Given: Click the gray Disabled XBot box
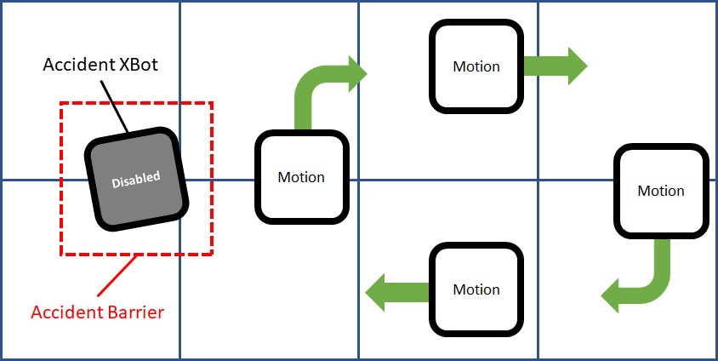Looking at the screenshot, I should point(136,179).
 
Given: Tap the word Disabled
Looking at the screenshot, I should point(137,179).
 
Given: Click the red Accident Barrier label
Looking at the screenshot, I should point(97,312).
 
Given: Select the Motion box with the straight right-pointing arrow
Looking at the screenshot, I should point(476,66).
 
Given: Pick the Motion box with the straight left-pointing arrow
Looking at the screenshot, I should point(476,289).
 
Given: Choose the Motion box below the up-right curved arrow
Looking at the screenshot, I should point(301,177).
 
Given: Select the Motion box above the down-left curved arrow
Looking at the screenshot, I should point(660,191).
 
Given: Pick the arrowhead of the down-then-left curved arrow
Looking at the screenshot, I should point(614,295).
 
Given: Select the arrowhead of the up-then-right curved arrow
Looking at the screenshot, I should point(356,74).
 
